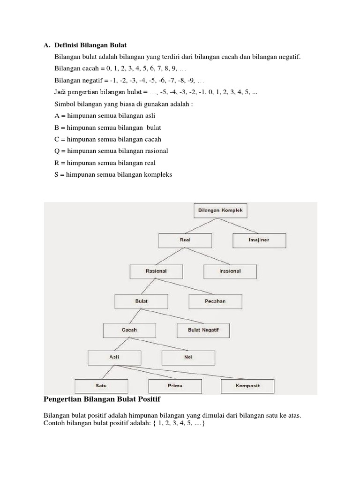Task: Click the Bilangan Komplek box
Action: point(220,211)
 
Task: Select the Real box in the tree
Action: point(185,240)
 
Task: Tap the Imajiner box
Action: point(259,240)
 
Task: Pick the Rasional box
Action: point(156,271)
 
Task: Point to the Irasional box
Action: point(230,271)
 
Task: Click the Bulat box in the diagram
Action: point(142,301)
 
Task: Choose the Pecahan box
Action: point(215,301)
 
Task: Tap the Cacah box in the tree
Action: point(129,330)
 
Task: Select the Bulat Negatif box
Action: point(203,330)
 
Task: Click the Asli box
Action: point(114,357)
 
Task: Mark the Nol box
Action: point(188,357)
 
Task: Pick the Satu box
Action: point(101,386)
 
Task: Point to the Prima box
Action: point(175,386)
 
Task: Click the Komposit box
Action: point(247,386)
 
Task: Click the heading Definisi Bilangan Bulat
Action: point(90,45)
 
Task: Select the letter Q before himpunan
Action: point(57,151)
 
